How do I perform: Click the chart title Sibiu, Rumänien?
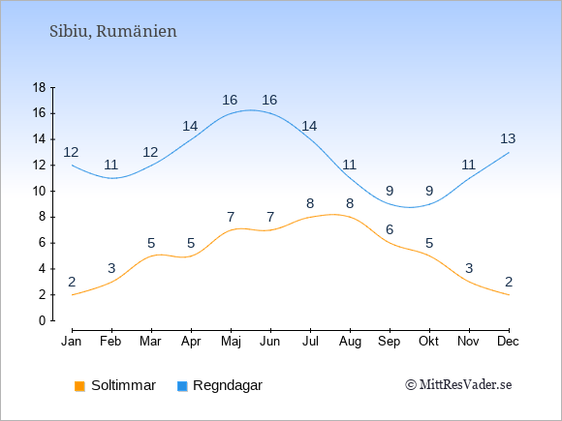(113, 32)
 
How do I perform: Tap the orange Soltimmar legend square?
(79, 386)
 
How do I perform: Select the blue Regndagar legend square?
(182, 386)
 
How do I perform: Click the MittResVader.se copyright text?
(458, 385)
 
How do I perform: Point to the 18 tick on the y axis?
(39, 87)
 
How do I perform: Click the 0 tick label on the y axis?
(43, 320)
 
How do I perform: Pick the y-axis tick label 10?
(39, 192)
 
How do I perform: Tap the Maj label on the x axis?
(231, 342)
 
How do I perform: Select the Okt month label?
(428, 342)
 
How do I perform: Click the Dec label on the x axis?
(508, 342)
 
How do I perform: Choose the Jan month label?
(72, 342)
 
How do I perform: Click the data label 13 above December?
(508, 138)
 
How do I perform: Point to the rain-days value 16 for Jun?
(269, 100)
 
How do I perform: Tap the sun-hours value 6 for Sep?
(390, 229)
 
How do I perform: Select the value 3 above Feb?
(111, 268)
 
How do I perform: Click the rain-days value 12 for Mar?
(150, 153)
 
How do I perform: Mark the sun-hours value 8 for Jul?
(310, 203)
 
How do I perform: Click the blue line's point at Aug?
(350, 178)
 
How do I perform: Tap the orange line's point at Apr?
(191, 256)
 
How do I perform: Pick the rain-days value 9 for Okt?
(429, 191)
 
